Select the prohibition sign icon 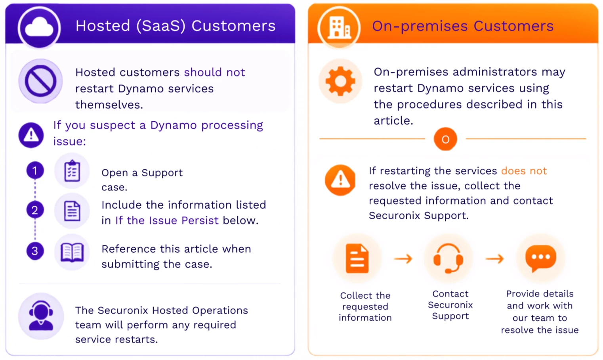pyautogui.click(x=41, y=81)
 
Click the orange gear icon pyautogui.click(x=340, y=81)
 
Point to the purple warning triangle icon pyautogui.click(x=31, y=135)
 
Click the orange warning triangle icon pyautogui.click(x=340, y=180)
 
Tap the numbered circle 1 pyautogui.click(x=35, y=170)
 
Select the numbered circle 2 pyautogui.click(x=35, y=210)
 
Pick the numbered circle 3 pyautogui.click(x=35, y=251)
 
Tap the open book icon pyautogui.click(x=72, y=253)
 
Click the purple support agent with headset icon pyautogui.click(x=41, y=316)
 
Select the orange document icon pyautogui.click(x=357, y=259)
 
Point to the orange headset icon pyautogui.click(x=448, y=259)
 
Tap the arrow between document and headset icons pyautogui.click(x=403, y=259)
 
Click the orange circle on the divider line pyautogui.click(x=446, y=139)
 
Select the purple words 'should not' pyautogui.click(x=214, y=72)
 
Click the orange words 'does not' pyautogui.click(x=524, y=171)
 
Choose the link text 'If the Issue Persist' pyautogui.click(x=167, y=220)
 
